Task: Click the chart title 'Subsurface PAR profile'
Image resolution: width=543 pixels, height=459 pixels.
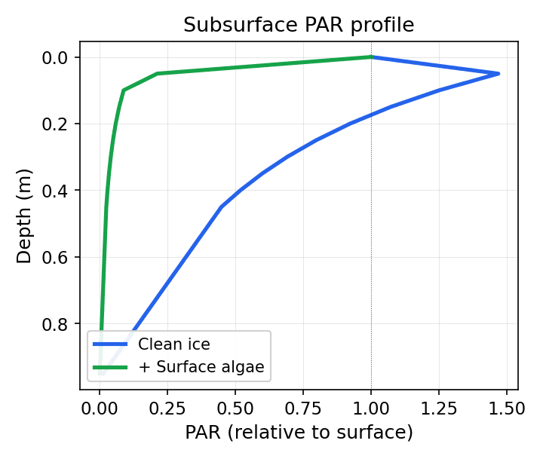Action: pyautogui.click(x=299, y=25)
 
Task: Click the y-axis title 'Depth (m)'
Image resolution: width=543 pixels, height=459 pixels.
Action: pyautogui.click(x=25, y=216)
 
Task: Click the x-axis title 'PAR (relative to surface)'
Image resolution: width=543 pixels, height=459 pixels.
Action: pyautogui.click(x=299, y=433)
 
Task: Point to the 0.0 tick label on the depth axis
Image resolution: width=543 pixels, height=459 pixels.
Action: pyautogui.click(x=59, y=57)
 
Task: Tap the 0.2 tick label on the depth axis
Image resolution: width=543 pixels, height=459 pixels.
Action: pyautogui.click(x=59, y=124)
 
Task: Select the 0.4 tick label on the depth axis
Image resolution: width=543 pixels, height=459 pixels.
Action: pyautogui.click(x=59, y=191)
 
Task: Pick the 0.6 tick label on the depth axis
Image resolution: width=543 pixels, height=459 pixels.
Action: pyautogui.click(x=59, y=257)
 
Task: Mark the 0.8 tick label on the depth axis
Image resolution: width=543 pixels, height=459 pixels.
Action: pyautogui.click(x=59, y=324)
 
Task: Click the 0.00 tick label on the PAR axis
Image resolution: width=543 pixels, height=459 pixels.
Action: pyautogui.click(x=100, y=408)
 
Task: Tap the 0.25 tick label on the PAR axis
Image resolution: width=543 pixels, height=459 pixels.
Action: pyautogui.click(x=167, y=408)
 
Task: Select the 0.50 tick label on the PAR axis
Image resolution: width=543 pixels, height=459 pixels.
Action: pyautogui.click(x=235, y=408)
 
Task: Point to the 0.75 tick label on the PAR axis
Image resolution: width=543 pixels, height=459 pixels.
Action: pyautogui.click(x=303, y=408)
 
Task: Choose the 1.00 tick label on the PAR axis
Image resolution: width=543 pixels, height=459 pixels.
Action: pyautogui.click(x=371, y=408)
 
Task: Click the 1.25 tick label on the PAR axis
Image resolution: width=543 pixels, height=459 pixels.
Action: pyautogui.click(x=439, y=408)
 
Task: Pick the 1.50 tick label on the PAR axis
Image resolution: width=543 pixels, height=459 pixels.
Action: pyautogui.click(x=507, y=408)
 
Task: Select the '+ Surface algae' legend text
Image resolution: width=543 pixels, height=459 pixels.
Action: pyautogui.click(x=200, y=368)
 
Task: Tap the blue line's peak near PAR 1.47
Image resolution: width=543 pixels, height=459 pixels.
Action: pyautogui.click(x=499, y=74)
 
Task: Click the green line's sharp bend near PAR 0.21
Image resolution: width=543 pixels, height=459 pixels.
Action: pyautogui.click(x=157, y=74)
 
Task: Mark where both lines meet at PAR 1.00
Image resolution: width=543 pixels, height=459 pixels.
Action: pyautogui.click(x=371, y=57)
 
